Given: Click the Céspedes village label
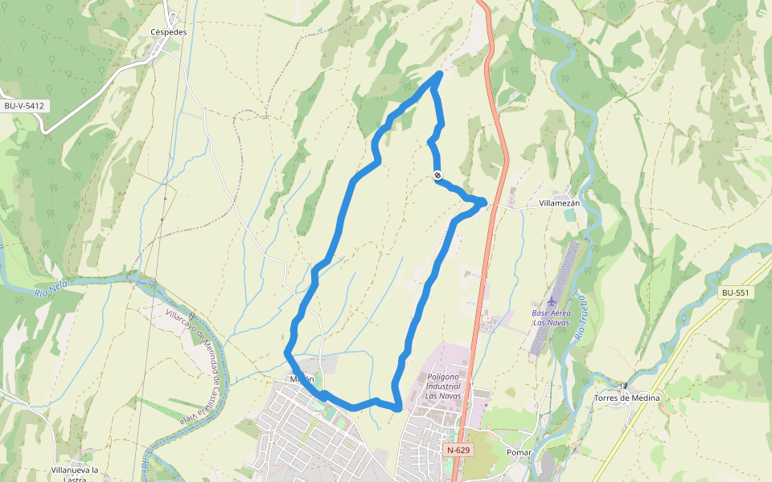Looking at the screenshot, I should click(169, 32).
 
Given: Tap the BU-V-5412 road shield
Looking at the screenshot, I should click(23, 106).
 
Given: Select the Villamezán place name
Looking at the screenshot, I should click(560, 204).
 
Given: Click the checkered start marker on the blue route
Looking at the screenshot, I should click(437, 175).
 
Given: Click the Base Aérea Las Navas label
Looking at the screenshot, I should click(551, 317).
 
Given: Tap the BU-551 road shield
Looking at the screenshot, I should click(735, 293).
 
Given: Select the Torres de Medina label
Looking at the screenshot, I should click(626, 398).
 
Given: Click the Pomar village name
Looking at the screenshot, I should click(519, 453).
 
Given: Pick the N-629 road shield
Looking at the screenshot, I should click(458, 451).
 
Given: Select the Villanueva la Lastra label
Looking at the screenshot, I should click(74, 473).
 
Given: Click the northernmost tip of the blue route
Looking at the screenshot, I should click(439, 73).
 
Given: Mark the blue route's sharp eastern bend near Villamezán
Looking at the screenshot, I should click(485, 202).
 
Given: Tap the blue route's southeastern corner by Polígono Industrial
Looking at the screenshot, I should click(398, 408).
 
